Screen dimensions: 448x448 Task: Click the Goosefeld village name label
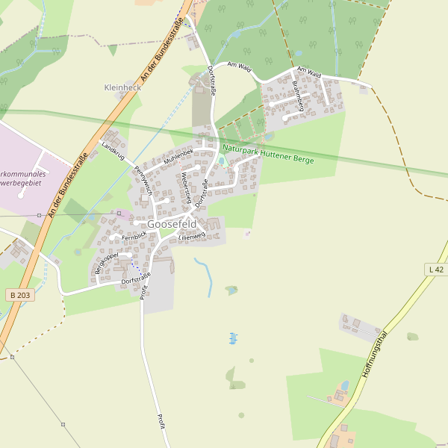172,224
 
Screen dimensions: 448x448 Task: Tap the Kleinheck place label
122,87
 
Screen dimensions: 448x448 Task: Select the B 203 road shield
22,296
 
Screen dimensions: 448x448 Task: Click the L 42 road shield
436,269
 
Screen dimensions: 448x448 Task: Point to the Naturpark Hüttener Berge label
268,153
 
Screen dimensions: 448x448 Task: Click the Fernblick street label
134,237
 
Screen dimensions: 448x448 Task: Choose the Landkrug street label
111,152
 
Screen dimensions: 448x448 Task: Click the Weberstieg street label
186,184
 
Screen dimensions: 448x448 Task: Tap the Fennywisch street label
143,180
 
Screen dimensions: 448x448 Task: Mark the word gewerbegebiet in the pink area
23,182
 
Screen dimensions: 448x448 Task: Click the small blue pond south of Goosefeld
233,338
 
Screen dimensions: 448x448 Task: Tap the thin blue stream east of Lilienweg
202,268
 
